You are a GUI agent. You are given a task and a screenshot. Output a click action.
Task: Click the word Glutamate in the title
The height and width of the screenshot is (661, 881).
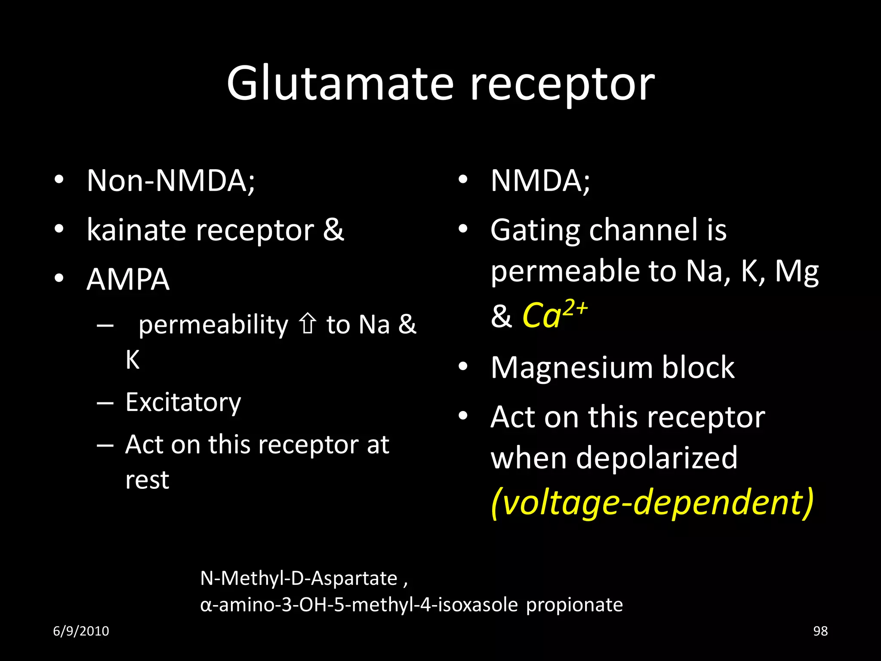(340, 84)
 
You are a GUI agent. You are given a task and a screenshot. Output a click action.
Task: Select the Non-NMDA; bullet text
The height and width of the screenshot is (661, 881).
(171, 181)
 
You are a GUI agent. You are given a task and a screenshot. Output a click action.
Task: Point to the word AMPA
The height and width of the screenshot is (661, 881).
(128, 280)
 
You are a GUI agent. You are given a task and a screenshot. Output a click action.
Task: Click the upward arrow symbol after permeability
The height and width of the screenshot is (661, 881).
(307, 324)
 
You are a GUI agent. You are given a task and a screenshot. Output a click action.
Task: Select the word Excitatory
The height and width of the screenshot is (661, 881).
(183, 402)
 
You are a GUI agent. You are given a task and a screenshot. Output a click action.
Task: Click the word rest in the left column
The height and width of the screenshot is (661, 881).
(147, 480)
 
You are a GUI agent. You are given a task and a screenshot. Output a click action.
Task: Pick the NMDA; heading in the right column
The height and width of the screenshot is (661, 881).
(540, 181)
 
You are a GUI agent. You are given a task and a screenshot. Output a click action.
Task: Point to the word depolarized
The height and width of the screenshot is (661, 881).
(656, 457)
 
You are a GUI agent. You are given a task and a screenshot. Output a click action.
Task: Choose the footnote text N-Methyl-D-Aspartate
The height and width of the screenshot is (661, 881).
(299, 578)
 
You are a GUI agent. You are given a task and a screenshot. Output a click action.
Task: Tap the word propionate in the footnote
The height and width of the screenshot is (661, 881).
(574, 605)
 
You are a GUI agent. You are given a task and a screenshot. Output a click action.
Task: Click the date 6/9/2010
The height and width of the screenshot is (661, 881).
(81, 631)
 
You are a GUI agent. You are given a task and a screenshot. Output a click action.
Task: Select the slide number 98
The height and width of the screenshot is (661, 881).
(820, 631)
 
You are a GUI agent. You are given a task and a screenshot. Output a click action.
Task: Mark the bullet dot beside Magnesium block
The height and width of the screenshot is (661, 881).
(462, 367)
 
